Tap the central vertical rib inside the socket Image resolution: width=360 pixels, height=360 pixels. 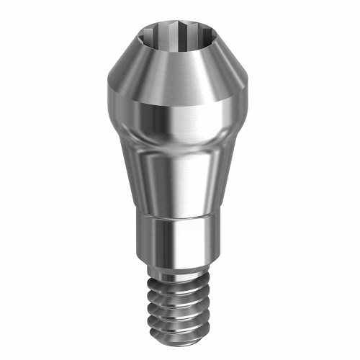click(x=179, y=35)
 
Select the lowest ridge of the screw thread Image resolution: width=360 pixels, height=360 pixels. click(x=180, y=328)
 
